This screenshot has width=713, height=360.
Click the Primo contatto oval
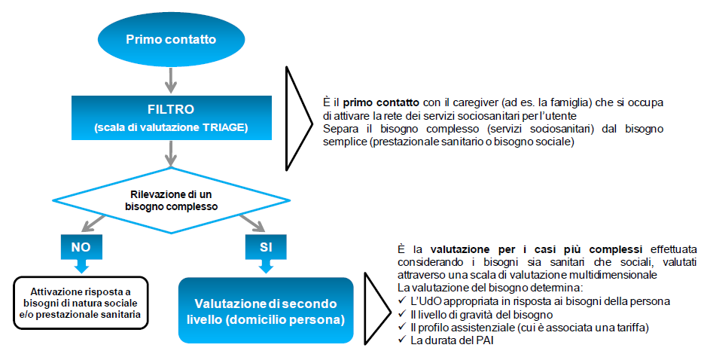tap(171, 38)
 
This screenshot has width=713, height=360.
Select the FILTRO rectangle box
tap(172, 117)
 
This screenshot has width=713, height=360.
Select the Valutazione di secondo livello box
tap(265, 310)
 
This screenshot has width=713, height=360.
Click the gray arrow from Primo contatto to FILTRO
tap(172, 78)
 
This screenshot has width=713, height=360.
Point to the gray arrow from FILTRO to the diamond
tap(172, 154)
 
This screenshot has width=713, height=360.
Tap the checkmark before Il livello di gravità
tap(400, 314)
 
